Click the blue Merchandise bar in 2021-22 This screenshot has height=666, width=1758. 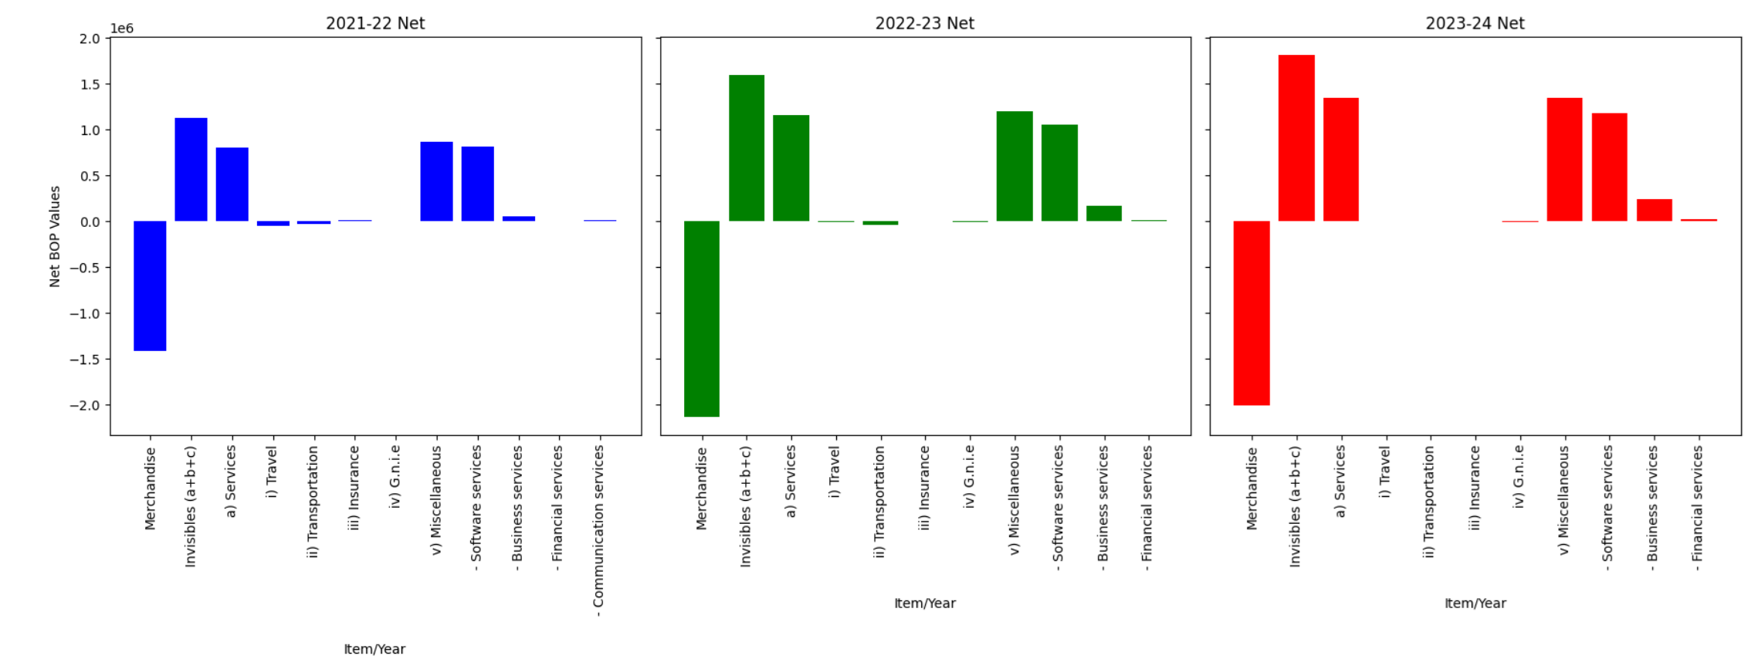point(150,286)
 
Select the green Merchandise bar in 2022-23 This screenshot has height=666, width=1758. point(701,319)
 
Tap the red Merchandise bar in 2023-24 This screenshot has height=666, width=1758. point(1251,313)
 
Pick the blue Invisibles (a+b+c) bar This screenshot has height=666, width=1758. point(191,169)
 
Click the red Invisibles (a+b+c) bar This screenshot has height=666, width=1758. point(1296,138)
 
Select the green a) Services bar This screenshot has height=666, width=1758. point(791,167)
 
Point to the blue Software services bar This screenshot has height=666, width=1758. point(477,184)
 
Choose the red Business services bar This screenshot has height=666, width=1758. point(1654,210)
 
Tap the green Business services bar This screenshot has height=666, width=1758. point(1103,213)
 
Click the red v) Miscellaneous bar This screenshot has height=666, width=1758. point(1564,159)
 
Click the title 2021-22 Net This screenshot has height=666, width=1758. point(375,23)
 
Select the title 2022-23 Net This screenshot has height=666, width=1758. point(924,23)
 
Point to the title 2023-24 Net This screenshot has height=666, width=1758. point(1475,23)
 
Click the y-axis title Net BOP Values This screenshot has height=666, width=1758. point(55,236)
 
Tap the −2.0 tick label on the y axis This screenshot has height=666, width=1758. point(85,405)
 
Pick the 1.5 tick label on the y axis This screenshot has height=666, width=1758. point(90,84)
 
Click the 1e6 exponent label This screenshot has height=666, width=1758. point(122,29)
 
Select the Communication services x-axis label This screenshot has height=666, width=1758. point(598,531)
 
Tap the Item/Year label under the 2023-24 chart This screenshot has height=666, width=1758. point(1475,603)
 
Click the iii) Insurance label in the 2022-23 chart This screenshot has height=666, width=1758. point(924,488)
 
